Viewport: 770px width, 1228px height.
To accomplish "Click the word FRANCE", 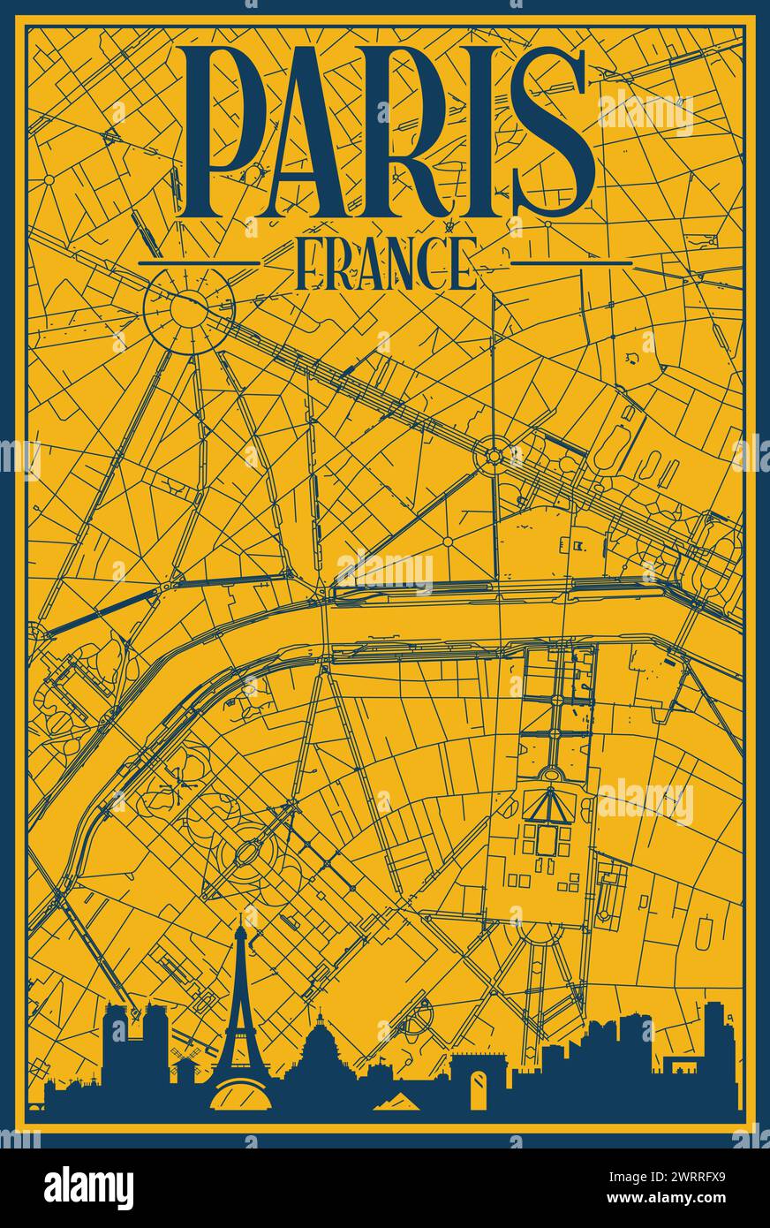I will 386,262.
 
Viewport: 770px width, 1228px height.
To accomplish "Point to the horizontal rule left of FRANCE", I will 199,262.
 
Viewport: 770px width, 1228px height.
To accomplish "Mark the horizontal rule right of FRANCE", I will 572,262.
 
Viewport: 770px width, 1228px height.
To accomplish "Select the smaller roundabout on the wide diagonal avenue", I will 493,456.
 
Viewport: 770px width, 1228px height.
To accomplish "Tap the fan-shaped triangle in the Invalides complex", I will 548,806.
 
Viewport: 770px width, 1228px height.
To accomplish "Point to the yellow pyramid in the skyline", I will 396,1100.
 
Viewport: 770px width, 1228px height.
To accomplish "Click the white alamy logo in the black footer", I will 88,1187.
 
